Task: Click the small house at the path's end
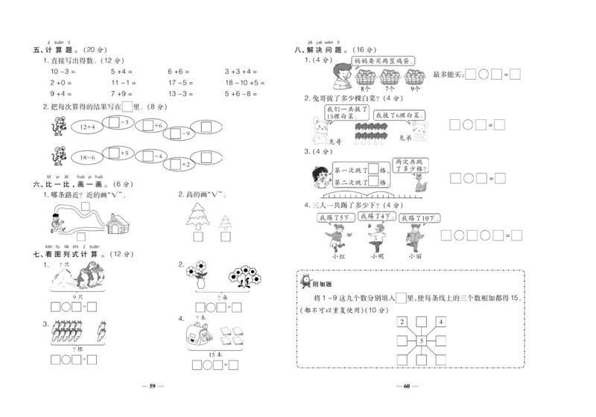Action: click(120, 221)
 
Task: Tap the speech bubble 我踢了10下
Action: click(419, 218)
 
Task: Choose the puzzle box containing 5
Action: click(421, 342)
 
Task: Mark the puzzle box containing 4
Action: click(441, 322)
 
